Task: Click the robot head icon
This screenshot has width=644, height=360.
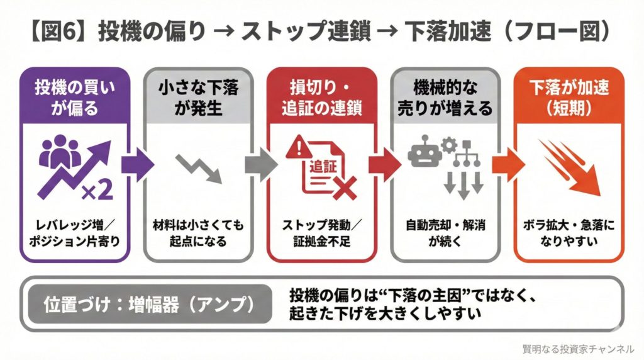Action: (423, 153)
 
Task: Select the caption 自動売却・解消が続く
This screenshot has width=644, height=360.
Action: (445, 233)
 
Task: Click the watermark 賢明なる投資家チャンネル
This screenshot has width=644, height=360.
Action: (578, 348)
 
